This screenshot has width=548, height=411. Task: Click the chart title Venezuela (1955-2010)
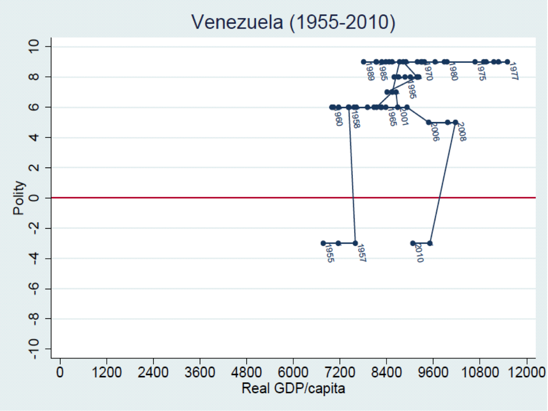click(294, 23)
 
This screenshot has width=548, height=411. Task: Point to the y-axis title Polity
click(19, 198)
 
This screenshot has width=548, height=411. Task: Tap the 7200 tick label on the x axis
click(339, 373)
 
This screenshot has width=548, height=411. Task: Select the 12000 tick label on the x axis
click(526, 373)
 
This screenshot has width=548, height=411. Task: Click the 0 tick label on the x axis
click(60, 373)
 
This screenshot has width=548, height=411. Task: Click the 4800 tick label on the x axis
click(246, 373)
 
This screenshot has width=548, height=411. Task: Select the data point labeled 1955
click(323, 243)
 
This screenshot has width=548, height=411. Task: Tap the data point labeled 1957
click(355, 243)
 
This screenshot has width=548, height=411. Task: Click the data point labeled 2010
click(413, 243)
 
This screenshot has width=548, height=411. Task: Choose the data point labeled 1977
click(507, 62)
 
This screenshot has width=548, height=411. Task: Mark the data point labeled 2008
click(455, 122)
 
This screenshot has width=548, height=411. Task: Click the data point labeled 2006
click(428, 122)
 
